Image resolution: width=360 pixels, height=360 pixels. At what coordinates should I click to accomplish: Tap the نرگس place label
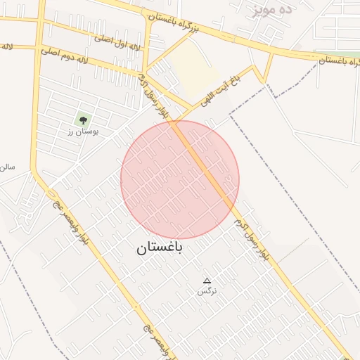point(207,290)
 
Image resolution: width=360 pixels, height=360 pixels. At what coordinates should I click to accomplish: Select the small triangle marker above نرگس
point(207,280)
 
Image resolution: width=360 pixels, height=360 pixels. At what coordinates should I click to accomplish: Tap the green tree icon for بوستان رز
point(84,120)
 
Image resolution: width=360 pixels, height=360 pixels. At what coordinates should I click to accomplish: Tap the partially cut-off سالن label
point(7,167)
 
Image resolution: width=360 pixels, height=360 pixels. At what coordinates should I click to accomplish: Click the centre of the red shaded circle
point(180,179)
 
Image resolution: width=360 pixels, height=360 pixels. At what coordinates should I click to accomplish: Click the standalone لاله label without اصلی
point(6,47)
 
